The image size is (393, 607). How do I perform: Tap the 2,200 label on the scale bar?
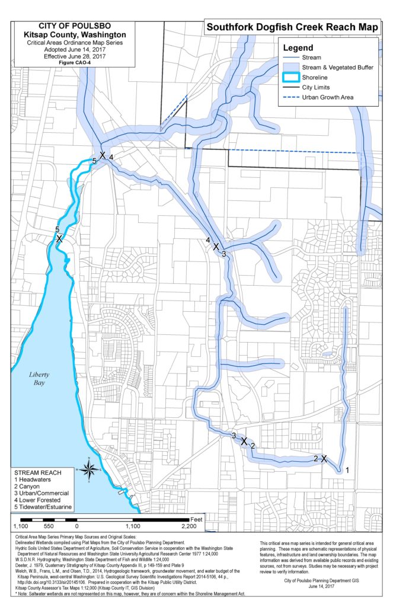click(x=189, y=526)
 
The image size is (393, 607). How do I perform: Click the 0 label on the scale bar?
click(x=76, y=526)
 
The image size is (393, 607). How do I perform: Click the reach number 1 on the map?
click(x=347, y=469)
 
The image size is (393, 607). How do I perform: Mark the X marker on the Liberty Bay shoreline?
click(x=59, y=239)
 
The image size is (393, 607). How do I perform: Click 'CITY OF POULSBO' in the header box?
click(x=74, y=27)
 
